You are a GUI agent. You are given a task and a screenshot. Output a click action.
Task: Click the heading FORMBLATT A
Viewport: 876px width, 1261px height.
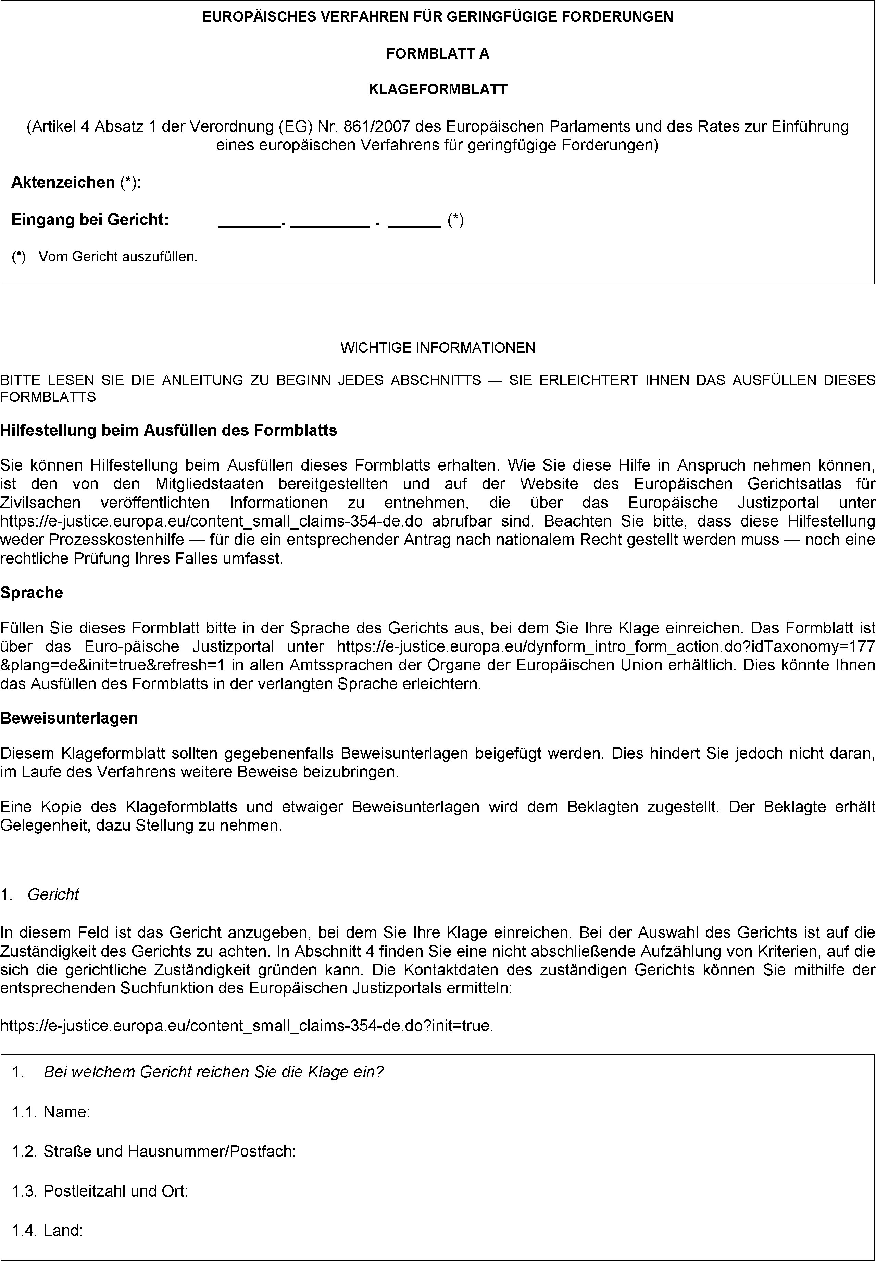click(437, 54)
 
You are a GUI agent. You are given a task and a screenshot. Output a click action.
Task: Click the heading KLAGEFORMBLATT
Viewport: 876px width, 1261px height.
click(437, 89)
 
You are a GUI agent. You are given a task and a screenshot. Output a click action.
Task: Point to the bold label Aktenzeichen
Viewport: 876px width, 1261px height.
click(63, 182)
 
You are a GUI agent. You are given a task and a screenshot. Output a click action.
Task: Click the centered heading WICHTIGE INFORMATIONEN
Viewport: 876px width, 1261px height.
click(437, 347)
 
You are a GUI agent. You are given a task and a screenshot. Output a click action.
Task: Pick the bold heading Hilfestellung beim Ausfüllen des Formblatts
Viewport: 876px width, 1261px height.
click(168, 430)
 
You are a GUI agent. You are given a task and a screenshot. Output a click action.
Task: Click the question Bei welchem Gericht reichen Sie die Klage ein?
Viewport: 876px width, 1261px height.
click(213, 1071)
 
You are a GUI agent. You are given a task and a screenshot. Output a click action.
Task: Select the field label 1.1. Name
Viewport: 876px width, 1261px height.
click(51, 1111)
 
